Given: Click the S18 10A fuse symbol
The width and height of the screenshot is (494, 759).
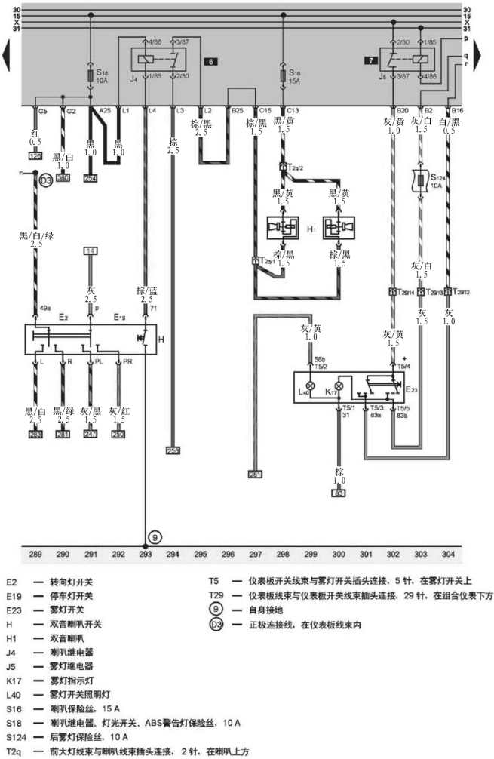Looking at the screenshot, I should (x=91, y=77).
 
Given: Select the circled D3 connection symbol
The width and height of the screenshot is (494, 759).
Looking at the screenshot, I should (x=45, y=180).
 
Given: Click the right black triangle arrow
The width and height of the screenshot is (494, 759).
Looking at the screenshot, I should (x=486, y=56).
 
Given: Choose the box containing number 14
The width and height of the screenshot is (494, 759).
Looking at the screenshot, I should (x=91, y=250).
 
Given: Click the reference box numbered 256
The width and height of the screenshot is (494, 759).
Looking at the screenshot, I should (x=173, y=450).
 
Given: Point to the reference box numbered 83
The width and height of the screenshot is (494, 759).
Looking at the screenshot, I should (x=339, y=492).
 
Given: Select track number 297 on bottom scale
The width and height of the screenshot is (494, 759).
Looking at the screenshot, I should (x=255, y=555).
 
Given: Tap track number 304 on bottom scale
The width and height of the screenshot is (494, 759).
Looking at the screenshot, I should (x=448, y=555).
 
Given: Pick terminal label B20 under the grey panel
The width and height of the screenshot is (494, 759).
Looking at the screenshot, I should (x=403, y=110).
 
